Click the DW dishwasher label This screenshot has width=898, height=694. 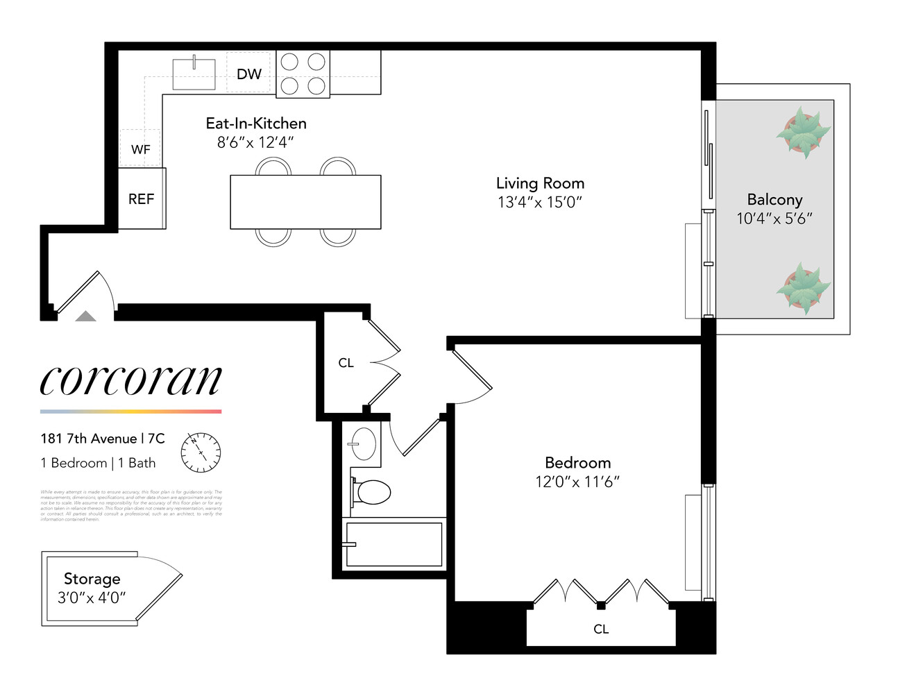coord(249,74)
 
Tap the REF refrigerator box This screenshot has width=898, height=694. coord(141,199)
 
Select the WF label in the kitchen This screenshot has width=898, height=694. coord(140,149)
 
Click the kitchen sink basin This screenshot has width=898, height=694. coord(194,74)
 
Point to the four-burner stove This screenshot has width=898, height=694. coord(303,74)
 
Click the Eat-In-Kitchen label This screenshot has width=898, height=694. coord(256,124)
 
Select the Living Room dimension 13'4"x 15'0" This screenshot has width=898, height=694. coord(540,202)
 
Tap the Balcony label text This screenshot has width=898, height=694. coord(774,200)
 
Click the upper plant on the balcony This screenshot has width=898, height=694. coord(803,132)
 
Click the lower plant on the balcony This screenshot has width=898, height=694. coord(803,288)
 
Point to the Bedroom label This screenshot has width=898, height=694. coord(577,463)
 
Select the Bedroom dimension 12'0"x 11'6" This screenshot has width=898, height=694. coord(577,482)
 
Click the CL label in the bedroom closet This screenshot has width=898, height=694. coord(601,629)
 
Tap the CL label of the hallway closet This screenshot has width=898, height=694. coord(346,363)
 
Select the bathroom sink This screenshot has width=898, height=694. coord(363,443)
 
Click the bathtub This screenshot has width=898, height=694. coord(393,544)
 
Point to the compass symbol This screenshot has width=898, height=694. coord(201,451)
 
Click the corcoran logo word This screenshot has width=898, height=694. coord(130,380)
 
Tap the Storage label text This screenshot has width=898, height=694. coord(92,579)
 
